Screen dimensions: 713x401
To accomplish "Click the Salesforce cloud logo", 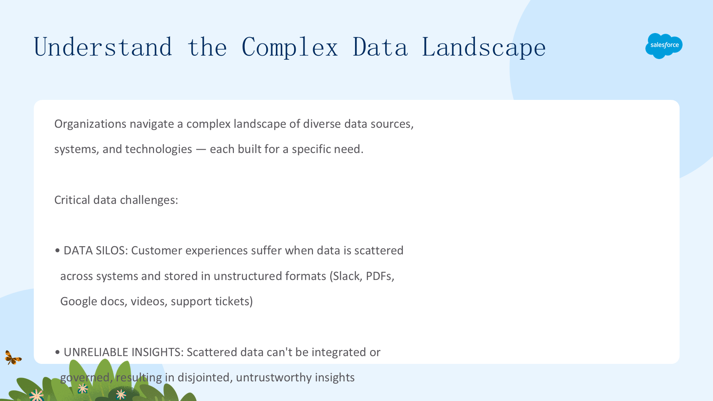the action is pyautogui.click(x=664, y=46).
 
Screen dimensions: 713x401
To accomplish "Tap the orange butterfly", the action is pyautogui.click(x=13, y=358).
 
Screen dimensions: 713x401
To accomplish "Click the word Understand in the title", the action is pyautogui.click(x=103, y=47).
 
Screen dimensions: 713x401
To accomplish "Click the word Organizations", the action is pyautogui.click(x=90, y=124).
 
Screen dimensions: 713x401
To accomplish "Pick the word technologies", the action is pyautogui.click(x=159, y=149).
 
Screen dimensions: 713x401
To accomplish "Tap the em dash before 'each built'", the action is pyautogui.click(x=201, y=150).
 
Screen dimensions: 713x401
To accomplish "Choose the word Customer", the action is pyautogui.click(x=157, y=251).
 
